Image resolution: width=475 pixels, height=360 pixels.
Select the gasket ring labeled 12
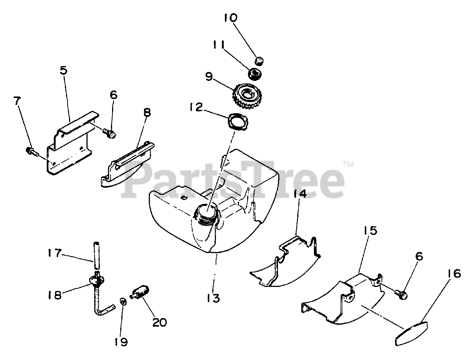(x=239, y=121)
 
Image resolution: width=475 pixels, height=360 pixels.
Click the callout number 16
(x=452, y=274)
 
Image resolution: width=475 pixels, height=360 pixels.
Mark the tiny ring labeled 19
(x=123, y=301)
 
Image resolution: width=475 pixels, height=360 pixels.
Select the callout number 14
(x=301, y=194)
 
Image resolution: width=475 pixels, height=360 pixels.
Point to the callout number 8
(x=147, y=113)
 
